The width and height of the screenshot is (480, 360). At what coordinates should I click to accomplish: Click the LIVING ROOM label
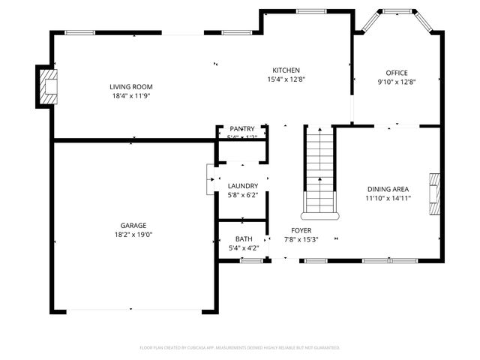(x=131, y=86)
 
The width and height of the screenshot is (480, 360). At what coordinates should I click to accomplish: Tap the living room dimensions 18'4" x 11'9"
(x=131, y=96)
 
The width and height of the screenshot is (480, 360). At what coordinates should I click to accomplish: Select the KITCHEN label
(x=286, y=70)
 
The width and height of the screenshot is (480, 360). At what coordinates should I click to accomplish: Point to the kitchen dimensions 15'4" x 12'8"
(x=286, y=79)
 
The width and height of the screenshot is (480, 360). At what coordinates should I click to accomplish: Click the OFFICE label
(x=397, y=73)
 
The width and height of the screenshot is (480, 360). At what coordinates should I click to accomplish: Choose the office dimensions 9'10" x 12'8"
(x=397, y=82)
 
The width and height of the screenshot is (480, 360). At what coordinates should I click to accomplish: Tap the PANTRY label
(x=242, y=129)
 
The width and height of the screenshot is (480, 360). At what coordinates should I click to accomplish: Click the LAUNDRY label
(x=243, y=186)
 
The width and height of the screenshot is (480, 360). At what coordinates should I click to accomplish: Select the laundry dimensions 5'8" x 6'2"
(x=243, y=196)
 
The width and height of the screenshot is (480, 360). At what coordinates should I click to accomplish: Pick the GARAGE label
(x=133, y=225)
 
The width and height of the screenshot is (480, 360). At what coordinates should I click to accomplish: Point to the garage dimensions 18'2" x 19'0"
(x=133, y=235)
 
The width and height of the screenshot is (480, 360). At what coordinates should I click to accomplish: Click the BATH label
(x=244, y=238)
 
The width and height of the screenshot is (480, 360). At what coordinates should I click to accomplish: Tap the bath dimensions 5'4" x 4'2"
(x=244, y=248)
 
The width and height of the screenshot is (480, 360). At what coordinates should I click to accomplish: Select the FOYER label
(x=301, y=230)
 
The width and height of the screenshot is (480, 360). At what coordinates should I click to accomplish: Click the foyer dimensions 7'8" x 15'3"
(x=301, y=240)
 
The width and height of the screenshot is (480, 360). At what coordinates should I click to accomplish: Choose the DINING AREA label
(x=388, y=189)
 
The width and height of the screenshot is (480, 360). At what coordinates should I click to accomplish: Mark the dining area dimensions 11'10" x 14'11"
(x=388, y=199)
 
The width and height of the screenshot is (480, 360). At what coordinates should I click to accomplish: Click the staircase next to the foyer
(x=319, y=169)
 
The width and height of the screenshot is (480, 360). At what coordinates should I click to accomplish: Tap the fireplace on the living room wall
(x=47, y=86)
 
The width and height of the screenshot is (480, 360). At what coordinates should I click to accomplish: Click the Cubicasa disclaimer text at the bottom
(x=240, y=348)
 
